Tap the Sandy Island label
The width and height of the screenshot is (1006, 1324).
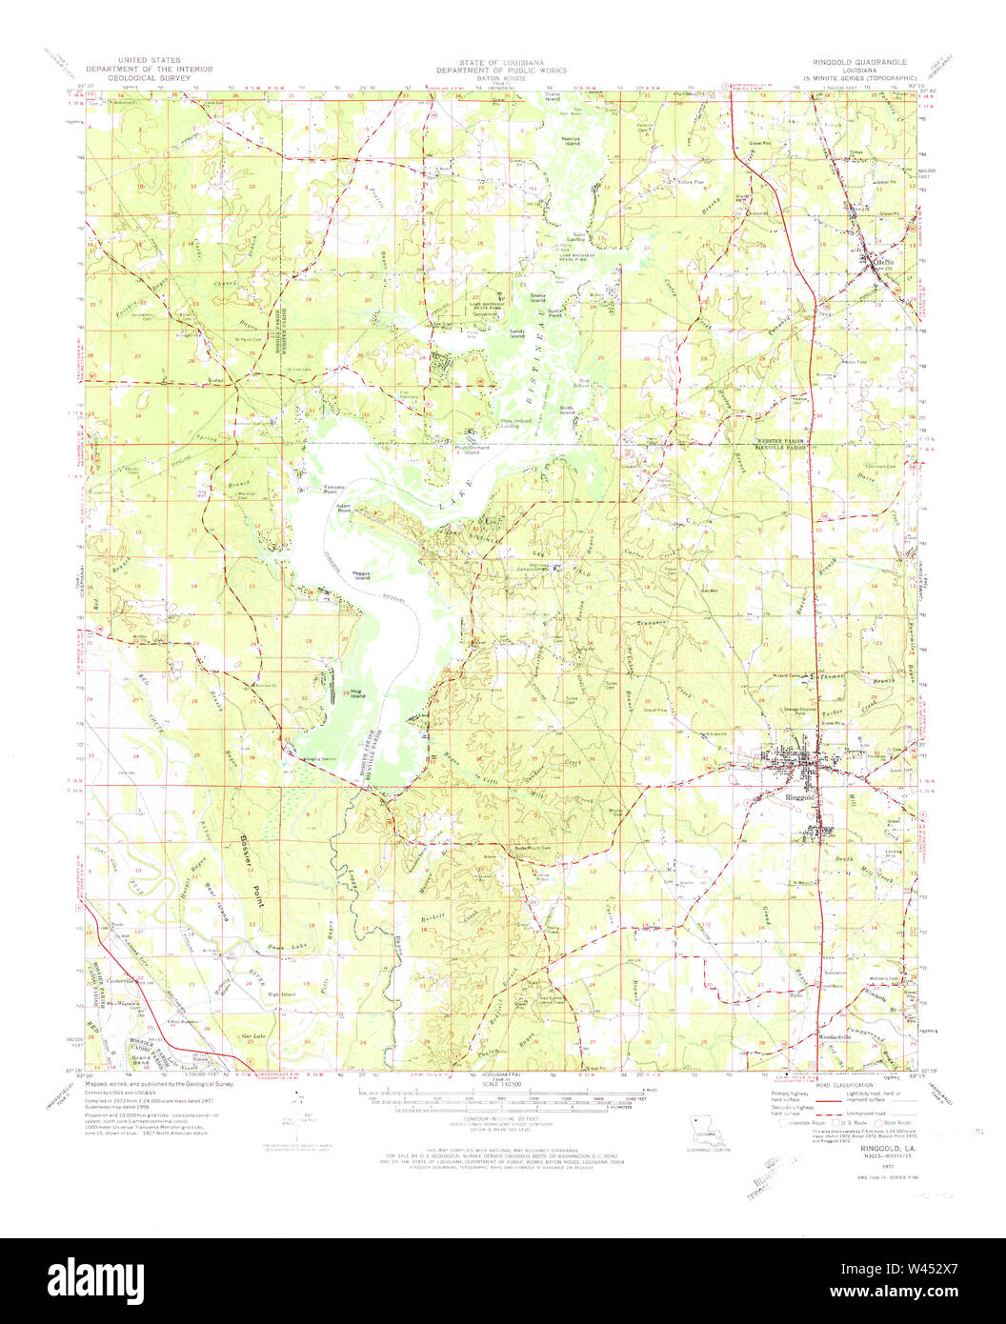517,332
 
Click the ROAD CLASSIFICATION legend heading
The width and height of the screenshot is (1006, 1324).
841,1086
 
